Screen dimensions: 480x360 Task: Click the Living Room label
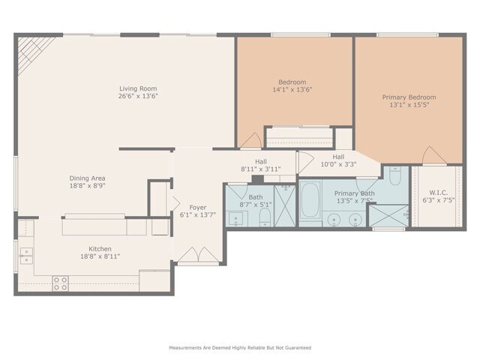[138, 88]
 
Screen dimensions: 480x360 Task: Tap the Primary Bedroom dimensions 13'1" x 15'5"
[409, 105]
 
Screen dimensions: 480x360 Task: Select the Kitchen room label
[100, 249]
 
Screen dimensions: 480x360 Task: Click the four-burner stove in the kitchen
[60, 283]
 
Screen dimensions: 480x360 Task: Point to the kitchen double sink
[26, 256]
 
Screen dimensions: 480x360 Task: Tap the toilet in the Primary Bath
[395, 175]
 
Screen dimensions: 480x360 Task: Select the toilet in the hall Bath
[265, 217]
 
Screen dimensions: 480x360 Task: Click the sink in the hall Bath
[236, 218]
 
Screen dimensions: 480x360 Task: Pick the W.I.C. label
[438, 193]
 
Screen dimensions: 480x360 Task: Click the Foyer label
[198, 207]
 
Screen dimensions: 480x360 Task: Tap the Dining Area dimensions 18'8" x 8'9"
[88, 185]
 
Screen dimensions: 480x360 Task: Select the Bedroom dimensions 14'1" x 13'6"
[292, 90]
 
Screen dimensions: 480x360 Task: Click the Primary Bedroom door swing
[433, 155]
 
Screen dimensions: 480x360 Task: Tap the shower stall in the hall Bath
[285, 205]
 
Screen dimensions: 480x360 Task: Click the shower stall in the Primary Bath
[388, 216]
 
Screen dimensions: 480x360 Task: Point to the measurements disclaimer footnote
[240, 348]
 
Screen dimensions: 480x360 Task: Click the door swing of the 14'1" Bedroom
[251, 140]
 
